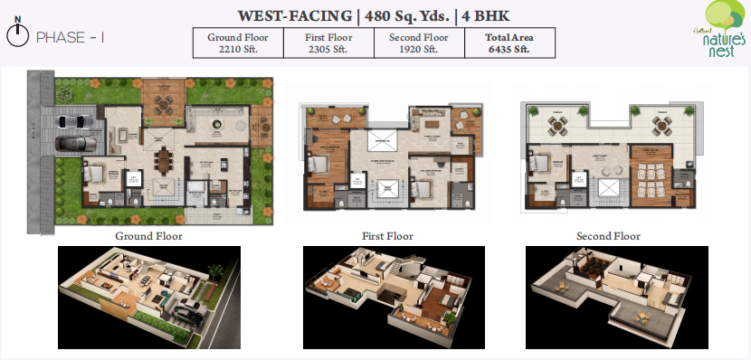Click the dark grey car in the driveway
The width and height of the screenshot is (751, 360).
click(x=70, y=143)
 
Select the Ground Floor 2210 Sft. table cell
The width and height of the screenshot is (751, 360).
click(x=237, y=43)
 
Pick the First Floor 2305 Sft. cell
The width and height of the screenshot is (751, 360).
click(x=327, y=43)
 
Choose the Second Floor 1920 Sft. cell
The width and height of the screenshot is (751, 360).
click(x=417, y=43)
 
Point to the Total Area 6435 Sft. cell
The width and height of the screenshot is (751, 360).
click(x=508, y=43)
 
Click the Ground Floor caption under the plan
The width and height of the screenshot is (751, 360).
click(x=148, y=236)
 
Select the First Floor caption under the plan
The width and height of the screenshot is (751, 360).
click(x=387, y=236)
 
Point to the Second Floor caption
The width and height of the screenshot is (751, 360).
click(x=608, y=236)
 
